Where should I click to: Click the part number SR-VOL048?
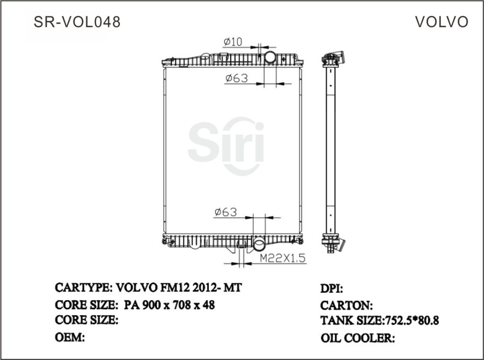tap(78, 22)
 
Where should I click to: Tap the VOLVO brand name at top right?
tap(441, 22)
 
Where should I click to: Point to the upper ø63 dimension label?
tap(236, 78)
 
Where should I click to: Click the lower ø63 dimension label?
tap(225, 212)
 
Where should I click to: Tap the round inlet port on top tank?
tap(270, 58)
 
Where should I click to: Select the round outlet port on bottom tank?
tap(260, 245)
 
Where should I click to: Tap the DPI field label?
tap(332, 288)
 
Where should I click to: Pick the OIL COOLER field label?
tap(358, 338)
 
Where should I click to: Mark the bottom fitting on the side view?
tap(334, 244)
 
